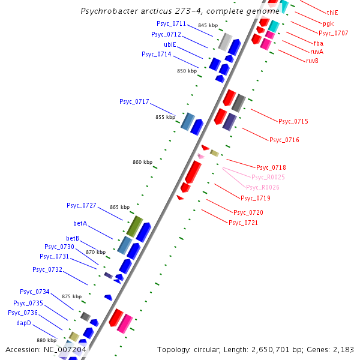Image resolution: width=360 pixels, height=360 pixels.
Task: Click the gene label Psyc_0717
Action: click(134, 102)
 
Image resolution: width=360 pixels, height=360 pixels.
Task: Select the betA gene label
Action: click(80, 223)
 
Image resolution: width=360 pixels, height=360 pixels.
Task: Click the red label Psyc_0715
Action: click(293, 122)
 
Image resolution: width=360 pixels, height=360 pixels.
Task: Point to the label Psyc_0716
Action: click(284, 140)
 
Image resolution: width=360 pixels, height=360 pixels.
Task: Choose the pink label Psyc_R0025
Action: click(268, 177)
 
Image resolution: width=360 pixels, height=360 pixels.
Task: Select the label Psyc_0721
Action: click(243, 223)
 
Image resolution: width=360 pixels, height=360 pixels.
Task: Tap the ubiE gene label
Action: click(170, 44)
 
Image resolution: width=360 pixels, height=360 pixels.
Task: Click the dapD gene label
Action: click(24, 323)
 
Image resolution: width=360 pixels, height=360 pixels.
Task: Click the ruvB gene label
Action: click(312, 61)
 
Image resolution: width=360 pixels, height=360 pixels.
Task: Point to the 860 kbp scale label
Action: click(142, 163)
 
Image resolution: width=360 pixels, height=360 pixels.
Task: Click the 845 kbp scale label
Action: click(208, 25)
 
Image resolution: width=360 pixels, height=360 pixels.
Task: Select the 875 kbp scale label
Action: click(71, 296)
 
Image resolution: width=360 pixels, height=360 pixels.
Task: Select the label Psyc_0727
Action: click(81, 205)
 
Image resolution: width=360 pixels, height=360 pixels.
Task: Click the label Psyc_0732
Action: click(47, 269)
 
